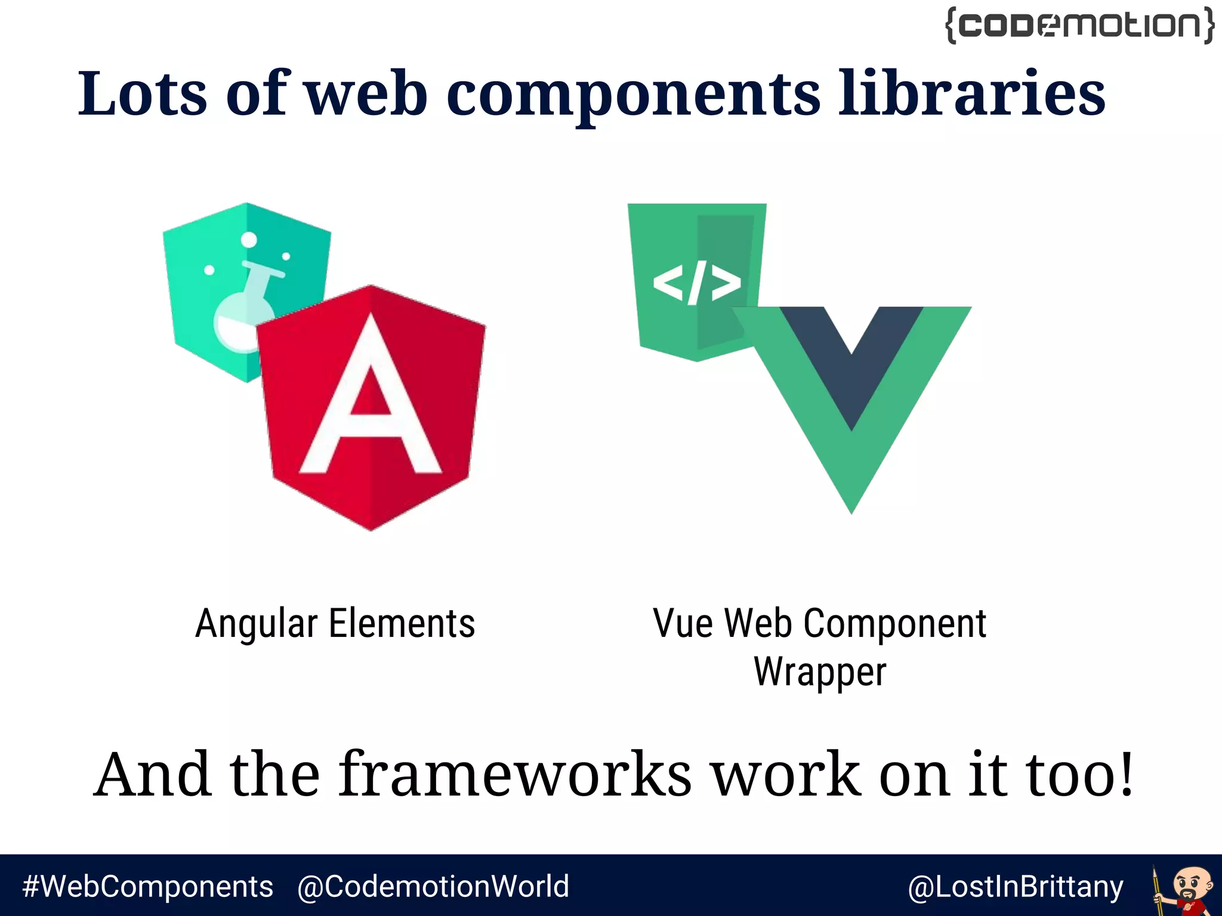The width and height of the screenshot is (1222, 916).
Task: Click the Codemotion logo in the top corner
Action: pyautogui.click(x=1079, y=25)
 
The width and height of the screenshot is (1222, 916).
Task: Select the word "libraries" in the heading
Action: pyautogui.click(x=972, y=94)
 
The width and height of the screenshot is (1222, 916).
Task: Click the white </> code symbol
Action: pyautogui.click(x=696, y=283)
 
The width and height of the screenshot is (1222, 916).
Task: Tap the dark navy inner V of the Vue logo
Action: pyautogui.click(x=851, y=358)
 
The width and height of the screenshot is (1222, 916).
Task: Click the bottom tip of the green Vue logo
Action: pyautogui.click(x=851, y=507)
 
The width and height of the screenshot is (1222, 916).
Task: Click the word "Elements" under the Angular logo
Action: pyautogui.click(x=402, y=624)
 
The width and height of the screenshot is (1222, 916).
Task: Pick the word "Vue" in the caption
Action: pyautogui.click(x=683, y=624)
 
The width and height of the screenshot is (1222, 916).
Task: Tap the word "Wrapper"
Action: pyautogui.click(x=820, y=673)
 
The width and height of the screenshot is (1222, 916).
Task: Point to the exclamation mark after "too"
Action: pyautogui.click(x=1125, y=774)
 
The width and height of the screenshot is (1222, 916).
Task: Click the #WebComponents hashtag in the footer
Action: pyautogui.click(x=147, y=886)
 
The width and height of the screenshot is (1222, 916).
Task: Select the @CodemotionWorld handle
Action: pyautogui.click(x=433, y=886)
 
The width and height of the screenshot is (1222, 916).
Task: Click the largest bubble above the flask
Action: pyautogui.click(x=249, y=240)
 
